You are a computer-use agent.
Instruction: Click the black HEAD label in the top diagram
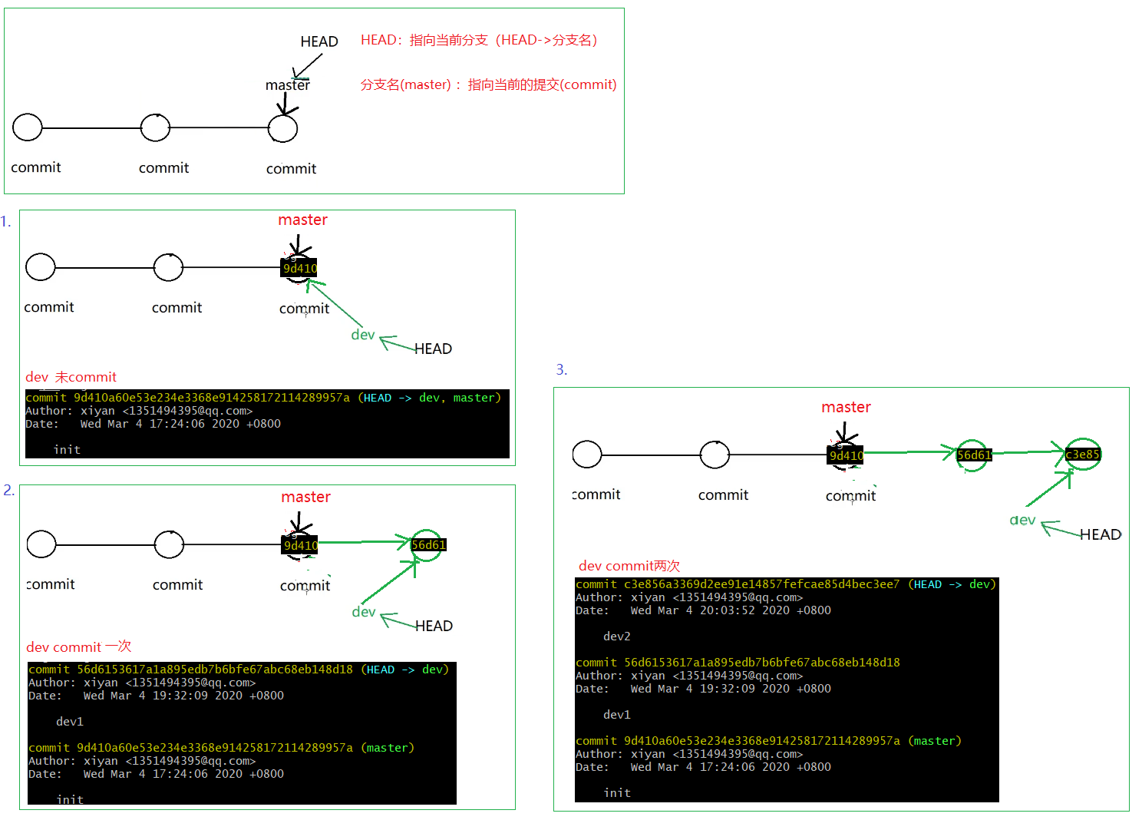[319, 41]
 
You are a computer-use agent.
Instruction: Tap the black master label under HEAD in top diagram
[288, 85]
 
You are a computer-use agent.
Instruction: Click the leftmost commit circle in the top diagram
[28, 127]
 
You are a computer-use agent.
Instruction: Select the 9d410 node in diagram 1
[299, 268]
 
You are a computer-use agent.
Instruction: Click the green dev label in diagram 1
[363, 335]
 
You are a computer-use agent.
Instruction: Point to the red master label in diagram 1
[302, 220]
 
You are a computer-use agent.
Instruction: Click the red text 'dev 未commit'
[71, 377]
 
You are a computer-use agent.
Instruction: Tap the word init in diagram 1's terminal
[67, 450]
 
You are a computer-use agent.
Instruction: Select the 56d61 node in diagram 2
[427, 545]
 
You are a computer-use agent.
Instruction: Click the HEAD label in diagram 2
[434, 626]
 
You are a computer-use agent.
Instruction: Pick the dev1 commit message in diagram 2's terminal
[70, 722]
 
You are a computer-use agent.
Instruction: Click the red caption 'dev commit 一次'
[78, 647]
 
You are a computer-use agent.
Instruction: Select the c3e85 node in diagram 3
[1082, 455]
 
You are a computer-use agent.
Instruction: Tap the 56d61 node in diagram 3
[974, 455]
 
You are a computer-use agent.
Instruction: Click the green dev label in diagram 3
[1022, 521]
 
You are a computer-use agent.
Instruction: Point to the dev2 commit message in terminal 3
[617, 636]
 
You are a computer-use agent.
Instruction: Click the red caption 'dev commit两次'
[629, 566]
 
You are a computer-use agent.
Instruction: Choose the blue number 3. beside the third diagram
[562, 370]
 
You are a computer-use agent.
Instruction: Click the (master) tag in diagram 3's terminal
[935, 741]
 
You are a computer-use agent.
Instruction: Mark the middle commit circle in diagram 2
[169, 545]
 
